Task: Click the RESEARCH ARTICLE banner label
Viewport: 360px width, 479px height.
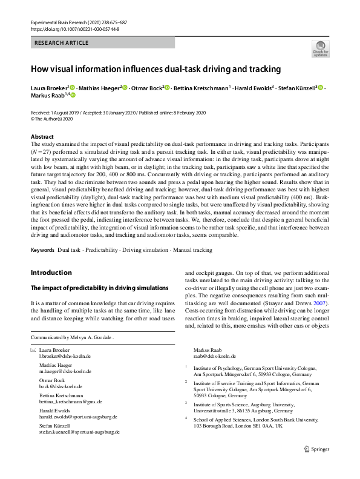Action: click(62, 43)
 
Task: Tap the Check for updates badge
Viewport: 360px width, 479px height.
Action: click(320, 49)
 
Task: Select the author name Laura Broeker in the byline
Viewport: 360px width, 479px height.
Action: click(49, 88)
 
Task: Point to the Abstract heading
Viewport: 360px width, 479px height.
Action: click(42, 137)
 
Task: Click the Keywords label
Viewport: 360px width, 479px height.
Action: click(42, 249)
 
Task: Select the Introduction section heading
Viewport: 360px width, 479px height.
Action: click(51, 273)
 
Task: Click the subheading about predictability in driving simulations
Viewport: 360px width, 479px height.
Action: click(91, 287)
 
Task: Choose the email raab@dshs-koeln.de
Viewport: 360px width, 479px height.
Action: click(215, 357)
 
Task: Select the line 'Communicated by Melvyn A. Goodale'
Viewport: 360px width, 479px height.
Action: click(72, 338)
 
